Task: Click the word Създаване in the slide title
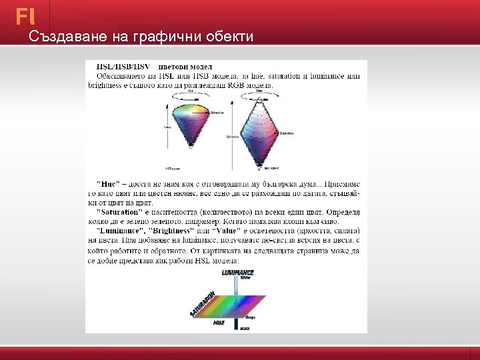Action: [63, 37]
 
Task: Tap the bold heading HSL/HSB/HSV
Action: [123, 67]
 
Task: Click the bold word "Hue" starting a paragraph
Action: [109, 183]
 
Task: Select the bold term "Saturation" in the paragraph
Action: [119, 212]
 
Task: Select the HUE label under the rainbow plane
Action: [219, 323]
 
